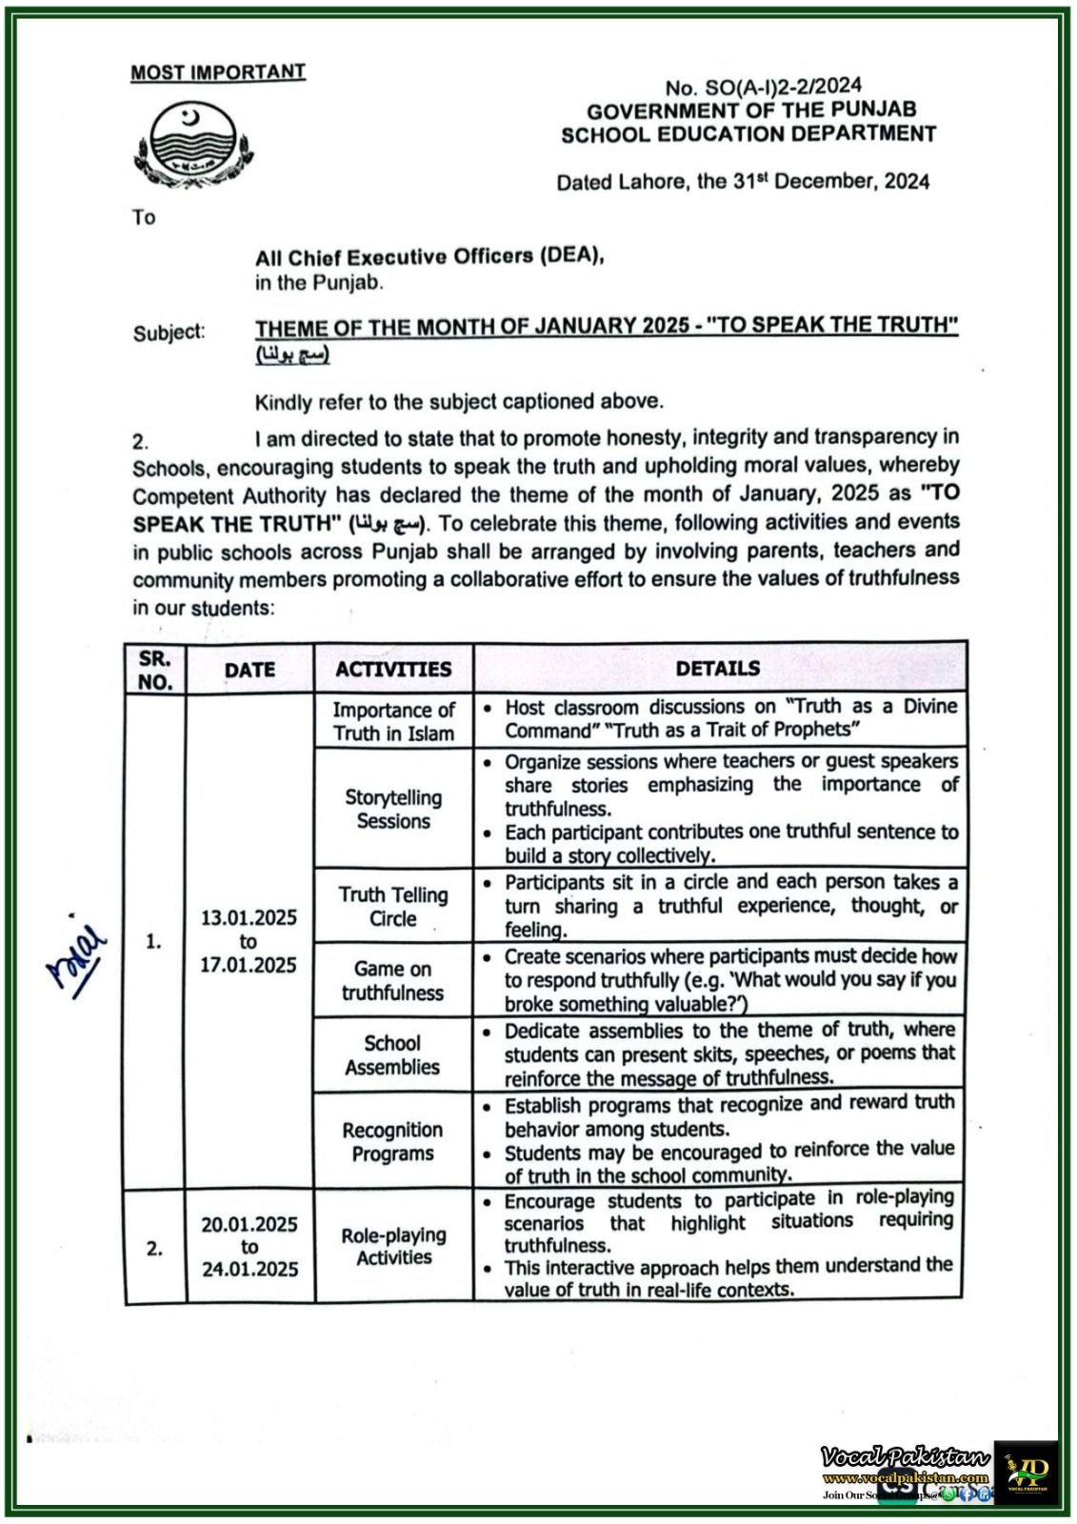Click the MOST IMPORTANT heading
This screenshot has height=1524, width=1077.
pyautogui.click(x=218, y=72)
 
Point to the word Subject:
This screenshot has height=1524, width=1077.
pyautogui.click(x=170, y=332)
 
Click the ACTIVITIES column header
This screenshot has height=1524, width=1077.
pyautogui.click(x=393, y=669)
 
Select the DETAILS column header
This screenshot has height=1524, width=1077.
pyautogui.click(x=718, y=668)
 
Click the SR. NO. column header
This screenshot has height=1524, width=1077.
pyautogui.click(x=155, y=670)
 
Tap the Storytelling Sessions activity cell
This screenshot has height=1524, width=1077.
pyautogui.click(x=393, y=809)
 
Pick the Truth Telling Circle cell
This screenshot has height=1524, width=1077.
pyautogui.click(x=393, y=906)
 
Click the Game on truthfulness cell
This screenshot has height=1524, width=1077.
pyautogui.click(x=393, y=980)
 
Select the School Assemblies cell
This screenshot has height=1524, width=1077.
pyautogui.click(x=393, y=1054)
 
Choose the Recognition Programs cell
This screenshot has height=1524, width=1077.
pyautogui.click(x=393, y=1141)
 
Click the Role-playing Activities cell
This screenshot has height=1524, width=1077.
pyautogui.click(x=393, y=1246)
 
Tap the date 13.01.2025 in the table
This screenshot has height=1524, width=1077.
pyautogui.click(x=249, y=918)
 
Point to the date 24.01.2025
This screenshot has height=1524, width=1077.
pyautogui.click(x=249, y=1269)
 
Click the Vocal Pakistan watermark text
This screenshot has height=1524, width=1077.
pyautogui.click(x=905, y=1457)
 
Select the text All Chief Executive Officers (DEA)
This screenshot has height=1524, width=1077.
pyautogui.click(x=429, y=256)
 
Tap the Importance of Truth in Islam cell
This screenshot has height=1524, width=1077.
pyautogui.click(x=393, y=721)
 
